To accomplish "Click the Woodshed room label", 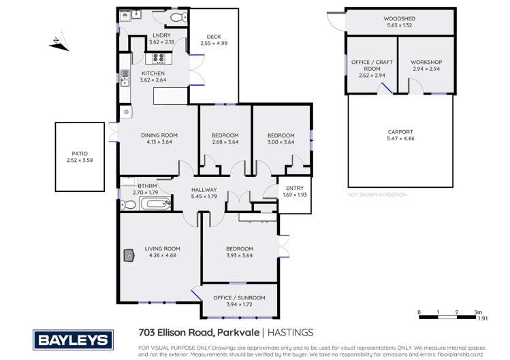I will tap(400, 18).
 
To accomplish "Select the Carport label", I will tap(400, 131).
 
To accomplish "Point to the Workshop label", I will tap(427, 62).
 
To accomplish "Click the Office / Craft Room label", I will tap(370, 65).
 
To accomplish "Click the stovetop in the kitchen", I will tap(159, 58).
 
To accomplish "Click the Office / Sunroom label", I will tap(238, 296).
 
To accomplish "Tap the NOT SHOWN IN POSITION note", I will tap(377, 195).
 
